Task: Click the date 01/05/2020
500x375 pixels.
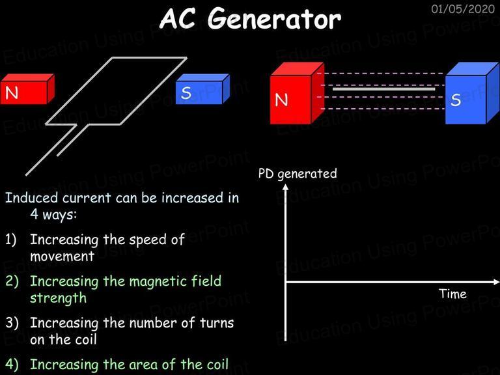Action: coord(463,8)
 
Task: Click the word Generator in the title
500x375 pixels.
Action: coord(274,20)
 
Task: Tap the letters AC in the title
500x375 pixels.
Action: coord(178,19)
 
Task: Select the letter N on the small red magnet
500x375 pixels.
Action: coord(12,93)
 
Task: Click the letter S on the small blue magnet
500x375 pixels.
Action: coord(186,93)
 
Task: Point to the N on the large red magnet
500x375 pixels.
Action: coord(281,100)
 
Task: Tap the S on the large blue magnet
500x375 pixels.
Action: coord(456,100)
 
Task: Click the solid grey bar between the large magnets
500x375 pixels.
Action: coord(384,89)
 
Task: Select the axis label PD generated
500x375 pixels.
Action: coord(298,174)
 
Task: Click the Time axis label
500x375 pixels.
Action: coord(452,294)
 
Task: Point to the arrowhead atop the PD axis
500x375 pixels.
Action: coord(285,187)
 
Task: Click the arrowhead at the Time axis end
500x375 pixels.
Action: coord(496,282)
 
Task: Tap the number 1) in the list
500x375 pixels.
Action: coord(11,240)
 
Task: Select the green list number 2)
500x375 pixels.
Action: coord(12,281)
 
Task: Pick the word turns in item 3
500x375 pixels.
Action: coord(217,323)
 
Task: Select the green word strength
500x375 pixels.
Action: coord(59,298)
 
